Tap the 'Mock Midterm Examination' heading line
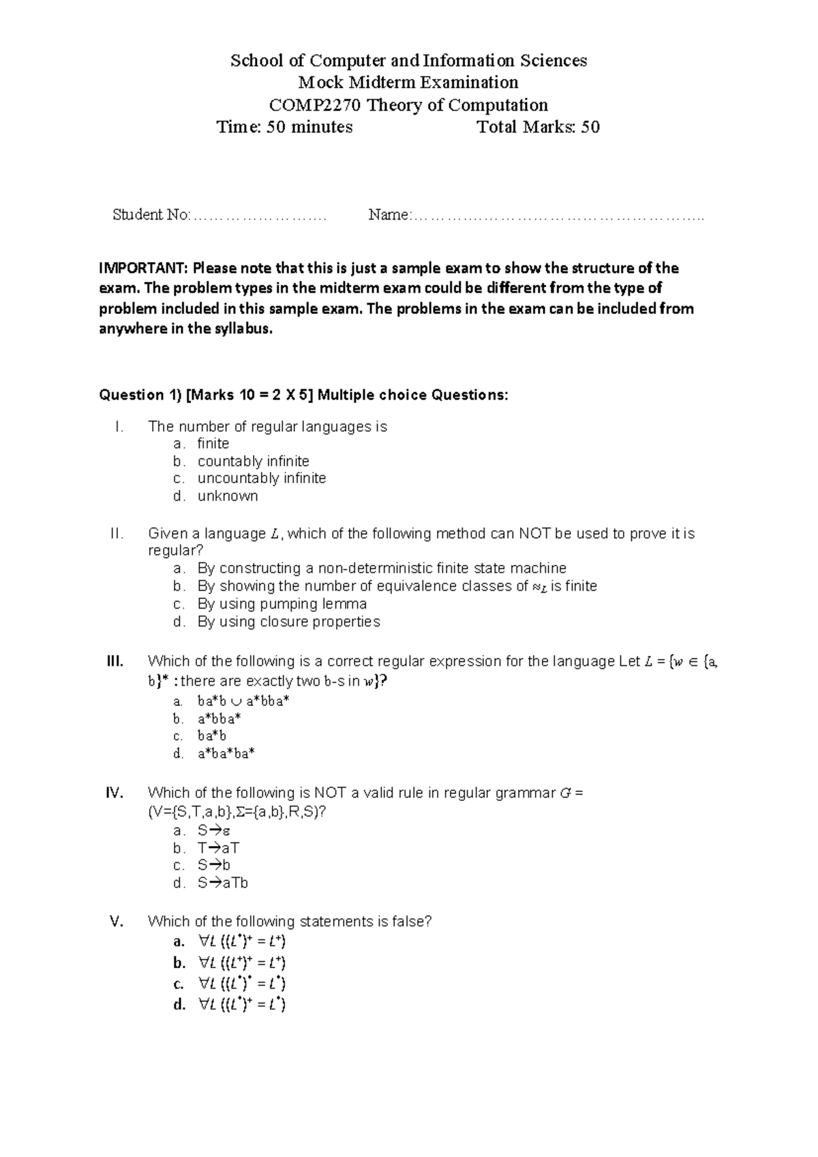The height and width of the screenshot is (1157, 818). (408, 83)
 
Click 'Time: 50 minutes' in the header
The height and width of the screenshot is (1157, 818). (284, 127)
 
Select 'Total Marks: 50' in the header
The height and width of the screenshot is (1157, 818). (538, 127)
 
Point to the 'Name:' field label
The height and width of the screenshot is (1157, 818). (389, 215)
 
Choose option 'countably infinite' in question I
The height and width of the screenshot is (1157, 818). (253, 461)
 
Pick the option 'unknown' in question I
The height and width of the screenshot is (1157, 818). (228, 496)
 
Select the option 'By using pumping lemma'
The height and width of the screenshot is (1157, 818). (282, 604)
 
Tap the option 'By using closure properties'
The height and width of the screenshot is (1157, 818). (288, 621)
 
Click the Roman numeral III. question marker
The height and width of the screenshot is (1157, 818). (115, 661)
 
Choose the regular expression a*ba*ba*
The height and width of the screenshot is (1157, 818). (226, 754)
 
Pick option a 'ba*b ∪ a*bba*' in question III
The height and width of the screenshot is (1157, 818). (243, 701)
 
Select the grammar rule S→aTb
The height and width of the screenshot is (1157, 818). (222, 883)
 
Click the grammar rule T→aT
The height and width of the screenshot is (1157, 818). (218, 848)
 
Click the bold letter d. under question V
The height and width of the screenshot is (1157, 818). (179, 1005)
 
